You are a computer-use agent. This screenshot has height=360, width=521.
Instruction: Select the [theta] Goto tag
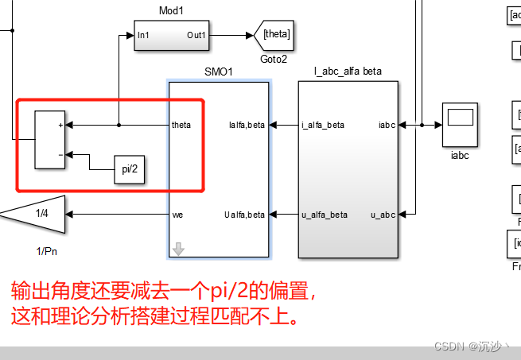click(x=273, y=35)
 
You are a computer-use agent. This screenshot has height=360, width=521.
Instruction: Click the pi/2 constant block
click(x=130, y=170)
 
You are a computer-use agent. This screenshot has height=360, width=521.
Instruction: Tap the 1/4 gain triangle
click(x=36, y=214)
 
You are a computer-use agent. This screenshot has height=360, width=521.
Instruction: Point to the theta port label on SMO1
click(x=181, y=126)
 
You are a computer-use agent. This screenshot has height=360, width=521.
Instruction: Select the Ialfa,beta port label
click(x=247, y=126)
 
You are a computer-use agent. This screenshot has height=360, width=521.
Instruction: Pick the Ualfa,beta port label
click(x=246, y=215)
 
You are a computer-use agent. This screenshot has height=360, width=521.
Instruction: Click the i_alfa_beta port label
click(x=323, y=126)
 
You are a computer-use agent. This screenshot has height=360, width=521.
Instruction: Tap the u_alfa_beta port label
click(x=325, y=215)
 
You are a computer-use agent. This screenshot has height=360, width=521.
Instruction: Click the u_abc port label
click(x=383, y=215)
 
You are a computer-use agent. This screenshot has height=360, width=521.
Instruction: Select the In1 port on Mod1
click(x=143, y=35)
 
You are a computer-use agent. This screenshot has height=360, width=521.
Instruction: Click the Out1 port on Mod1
click(x=196, y=35)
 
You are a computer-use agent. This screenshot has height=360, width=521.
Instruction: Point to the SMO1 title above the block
click(x=219, y=72)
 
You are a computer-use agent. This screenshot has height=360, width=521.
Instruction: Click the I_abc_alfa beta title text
click(x=348, y=72)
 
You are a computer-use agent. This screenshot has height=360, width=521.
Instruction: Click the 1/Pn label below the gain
click(x=47, y=252)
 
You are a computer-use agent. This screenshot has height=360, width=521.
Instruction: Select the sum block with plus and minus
click(x=49, y=140)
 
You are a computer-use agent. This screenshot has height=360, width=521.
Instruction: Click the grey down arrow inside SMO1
click(x=178, y=250)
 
